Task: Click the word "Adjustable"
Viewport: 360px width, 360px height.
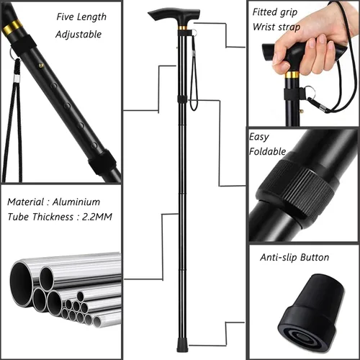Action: [x=78, y=35]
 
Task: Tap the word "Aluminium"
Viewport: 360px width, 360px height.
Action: [x=76, y=202]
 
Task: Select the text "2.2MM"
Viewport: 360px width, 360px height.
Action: [x=97, y=217]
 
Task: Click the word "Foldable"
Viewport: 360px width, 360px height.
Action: [x=267, y=151]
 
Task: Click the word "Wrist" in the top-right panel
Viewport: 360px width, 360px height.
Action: [x=264, y=27]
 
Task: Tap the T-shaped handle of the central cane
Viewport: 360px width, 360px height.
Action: [x=175, y=16]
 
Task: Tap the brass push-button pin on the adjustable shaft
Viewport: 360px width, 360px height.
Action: [x=41, y=65]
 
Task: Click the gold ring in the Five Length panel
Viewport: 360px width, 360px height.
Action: [x=12, y=27]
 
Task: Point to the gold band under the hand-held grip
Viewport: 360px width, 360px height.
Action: [x=292, y=75]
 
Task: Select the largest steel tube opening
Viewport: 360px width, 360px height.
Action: [x=21, y=284]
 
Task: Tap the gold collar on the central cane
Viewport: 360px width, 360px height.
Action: [x=183, y=27]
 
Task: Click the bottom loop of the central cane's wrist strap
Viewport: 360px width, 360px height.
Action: [x=194, y=108]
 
